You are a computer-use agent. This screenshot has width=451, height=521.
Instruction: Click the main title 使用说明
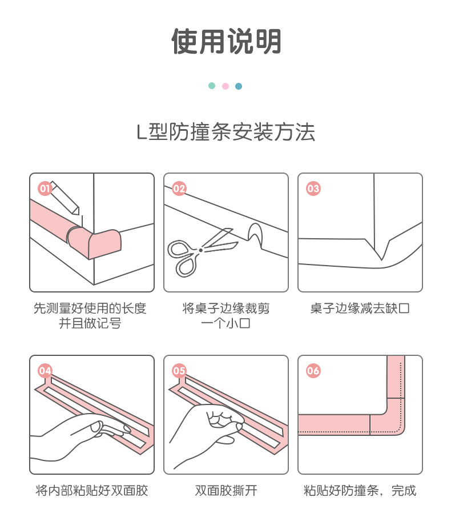click(226, 41)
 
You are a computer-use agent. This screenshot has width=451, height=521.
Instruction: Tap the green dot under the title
click(212, 86)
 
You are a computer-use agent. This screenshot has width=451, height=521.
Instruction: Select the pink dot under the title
click(226, 86)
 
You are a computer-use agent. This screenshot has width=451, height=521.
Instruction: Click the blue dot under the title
click(239, 86)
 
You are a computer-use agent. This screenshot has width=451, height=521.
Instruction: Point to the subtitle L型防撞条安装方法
click(226, 132)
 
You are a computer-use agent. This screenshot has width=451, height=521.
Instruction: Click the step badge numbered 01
click(45, 189)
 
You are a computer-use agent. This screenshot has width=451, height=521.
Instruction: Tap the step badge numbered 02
click(179, 189)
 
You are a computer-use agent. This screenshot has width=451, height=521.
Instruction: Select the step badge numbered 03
click(313, 189)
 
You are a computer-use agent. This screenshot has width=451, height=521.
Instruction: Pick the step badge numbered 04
click(45, 371)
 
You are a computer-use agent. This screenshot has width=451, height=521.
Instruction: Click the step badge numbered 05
click(179, 371)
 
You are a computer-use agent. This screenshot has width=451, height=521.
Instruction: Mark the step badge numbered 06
click(313, 371)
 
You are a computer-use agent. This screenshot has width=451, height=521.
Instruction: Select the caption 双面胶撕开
click(226, 490)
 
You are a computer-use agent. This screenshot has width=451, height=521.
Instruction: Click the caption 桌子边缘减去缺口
click(360, 308)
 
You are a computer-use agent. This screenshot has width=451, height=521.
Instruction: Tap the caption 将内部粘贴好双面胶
click(92, 490)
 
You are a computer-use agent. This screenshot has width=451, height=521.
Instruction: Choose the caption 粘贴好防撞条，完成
click(360, 490)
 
